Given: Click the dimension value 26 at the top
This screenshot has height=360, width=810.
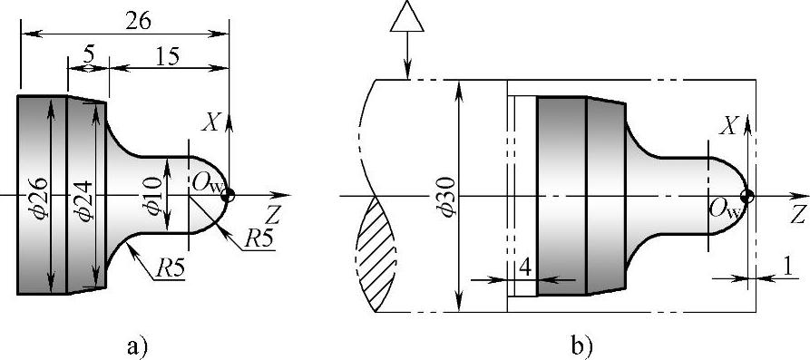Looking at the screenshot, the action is [139, 21].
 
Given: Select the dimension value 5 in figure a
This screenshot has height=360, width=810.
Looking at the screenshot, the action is [88, 54].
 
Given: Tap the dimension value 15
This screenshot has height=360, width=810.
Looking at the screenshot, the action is [166, 55].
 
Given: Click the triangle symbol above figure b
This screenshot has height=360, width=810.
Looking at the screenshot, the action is [407, 20].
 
